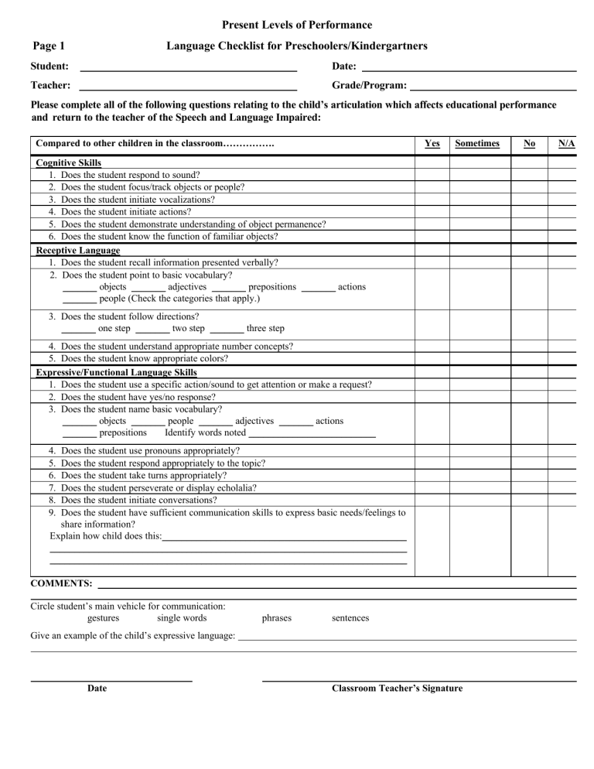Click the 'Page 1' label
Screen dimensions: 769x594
tap(48, 46)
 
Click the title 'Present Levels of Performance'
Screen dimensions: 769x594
tap(297, 26)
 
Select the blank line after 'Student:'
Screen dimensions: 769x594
tap(189, 70)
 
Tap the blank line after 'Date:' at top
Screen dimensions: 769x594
tap(469, 70)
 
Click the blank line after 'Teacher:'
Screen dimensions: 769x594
tap(189, 87)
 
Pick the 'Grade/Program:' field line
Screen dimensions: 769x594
tap(493, 87)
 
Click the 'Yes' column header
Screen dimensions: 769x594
tap(432, 144)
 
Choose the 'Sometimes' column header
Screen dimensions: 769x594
tap(478, 144)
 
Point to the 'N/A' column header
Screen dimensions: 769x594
tap(566, 144)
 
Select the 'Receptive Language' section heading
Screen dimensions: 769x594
tap(78, 251)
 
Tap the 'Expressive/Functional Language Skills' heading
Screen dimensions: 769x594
tap(117, 373)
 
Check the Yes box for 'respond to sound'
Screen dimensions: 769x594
tap(432, 175)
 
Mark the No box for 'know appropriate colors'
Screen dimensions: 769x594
tap(529, 359)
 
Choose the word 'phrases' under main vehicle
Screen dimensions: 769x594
tap(277, 618)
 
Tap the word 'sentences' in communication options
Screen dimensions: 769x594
tap(350, 618)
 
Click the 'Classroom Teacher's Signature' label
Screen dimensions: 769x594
tap(398, 688)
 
